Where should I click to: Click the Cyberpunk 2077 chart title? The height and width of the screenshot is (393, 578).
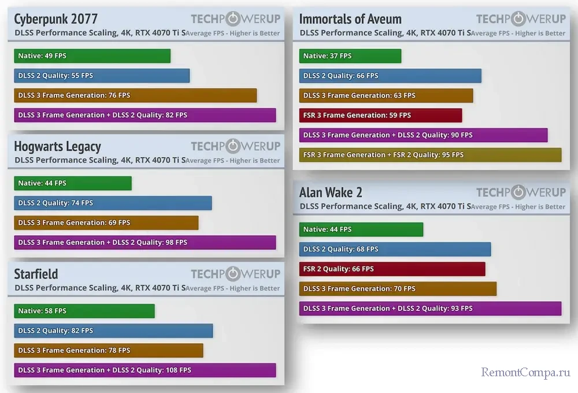pyautogui.click(x=55, y=19)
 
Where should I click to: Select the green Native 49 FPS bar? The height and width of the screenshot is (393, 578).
pyautogui.click(x=92, y=56)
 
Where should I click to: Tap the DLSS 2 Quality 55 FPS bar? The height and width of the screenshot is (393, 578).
pyautogui.click(x=102, y=76)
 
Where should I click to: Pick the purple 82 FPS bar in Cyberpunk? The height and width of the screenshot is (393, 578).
pyautogui.click(x=144, y=115)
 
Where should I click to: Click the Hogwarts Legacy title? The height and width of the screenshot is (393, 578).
pyautogui.click(x=57, y=147)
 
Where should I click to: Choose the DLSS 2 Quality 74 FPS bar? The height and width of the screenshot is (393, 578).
pyautogui.click(x=113, y=203)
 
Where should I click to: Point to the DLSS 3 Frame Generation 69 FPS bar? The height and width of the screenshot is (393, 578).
pyautogui.click(x=106, y=223)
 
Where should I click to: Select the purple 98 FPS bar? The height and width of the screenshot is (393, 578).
pyautogui.click(x=144, y=242)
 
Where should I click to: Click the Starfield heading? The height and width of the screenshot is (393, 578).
pyautogui.click(x=36, y=274)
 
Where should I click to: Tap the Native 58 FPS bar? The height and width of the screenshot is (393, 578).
pyautogui.click(x=84, y=311)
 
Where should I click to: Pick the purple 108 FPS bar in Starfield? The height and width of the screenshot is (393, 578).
pyautogui.click(x=144, y=370)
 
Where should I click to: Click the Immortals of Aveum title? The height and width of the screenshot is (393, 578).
pyautogui.click(x=350, y=19)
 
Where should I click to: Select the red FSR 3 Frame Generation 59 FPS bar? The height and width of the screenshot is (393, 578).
pyautogui.click(x=380, y=115)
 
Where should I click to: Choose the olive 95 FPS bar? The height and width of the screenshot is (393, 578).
pyautogui.click(x=430, y=155)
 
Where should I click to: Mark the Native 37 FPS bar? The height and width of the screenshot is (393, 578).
pyautogui.click(x=350, y=56)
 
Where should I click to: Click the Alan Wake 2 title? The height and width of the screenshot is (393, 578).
pyautogui.click(x=331, y=192)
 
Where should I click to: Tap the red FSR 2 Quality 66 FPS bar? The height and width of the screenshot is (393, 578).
pyautogui.click(x=392, y=269)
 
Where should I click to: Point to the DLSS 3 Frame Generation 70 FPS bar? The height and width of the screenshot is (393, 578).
pyautogui.click(x=398, y=288)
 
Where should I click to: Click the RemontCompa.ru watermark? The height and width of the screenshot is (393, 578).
pyautogui.click(x=525, y=373)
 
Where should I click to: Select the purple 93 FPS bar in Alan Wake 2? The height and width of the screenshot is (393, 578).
pyautogui.click(x=430, y=308)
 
